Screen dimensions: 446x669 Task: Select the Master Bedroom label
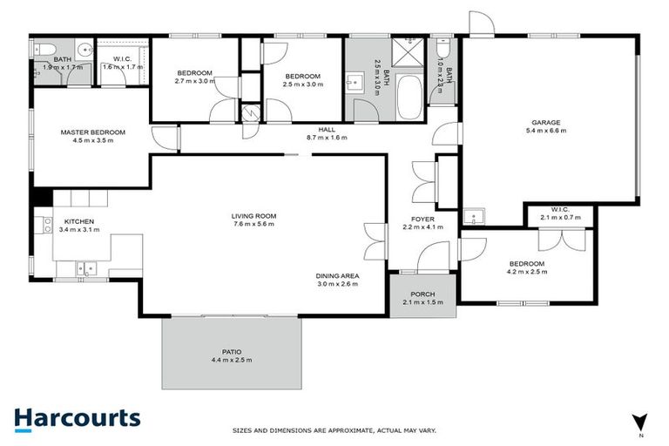pos(92,132)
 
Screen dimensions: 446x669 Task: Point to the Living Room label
pos(253,216)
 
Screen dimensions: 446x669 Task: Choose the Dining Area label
pos(337,276)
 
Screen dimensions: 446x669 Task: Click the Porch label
pos(422,294)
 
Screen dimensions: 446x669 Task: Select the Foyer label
pos(422,219)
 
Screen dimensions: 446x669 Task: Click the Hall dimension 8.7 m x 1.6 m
pos(327,138)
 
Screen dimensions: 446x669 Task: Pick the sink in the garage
pos(476,216)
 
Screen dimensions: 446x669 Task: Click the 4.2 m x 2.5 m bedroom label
pos(526,264)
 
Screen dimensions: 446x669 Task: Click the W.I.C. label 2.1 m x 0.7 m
pos(559,208)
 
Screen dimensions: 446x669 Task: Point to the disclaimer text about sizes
pos(334,430)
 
